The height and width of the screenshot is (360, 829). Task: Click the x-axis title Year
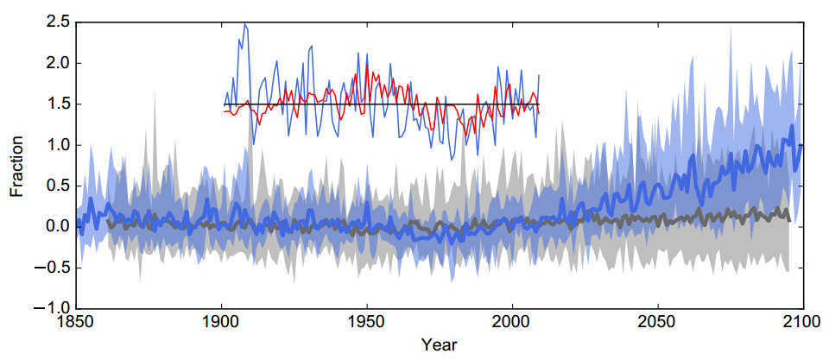point(439,345)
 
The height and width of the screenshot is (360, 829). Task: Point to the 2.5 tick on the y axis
point(58,22)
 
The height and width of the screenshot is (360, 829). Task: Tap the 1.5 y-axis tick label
point(58,104)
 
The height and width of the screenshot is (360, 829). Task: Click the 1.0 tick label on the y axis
point(58,145)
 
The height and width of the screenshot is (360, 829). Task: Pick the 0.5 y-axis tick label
point(58,186)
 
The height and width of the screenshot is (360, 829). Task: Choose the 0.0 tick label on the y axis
point(58,226)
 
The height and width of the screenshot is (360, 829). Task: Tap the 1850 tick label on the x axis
point(76,322)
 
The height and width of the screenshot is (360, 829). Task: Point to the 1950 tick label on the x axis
point(367,322)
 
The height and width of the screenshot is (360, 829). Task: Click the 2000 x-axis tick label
point(513,322)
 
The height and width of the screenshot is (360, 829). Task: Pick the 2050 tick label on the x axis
point(658,322)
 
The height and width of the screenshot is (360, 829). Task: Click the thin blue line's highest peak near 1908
point(245,24)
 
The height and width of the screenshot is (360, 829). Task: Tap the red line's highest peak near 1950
point(366,64)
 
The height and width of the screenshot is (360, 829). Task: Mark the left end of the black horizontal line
point(223,104)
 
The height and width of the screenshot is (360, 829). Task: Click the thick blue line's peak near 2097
point(792,126)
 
